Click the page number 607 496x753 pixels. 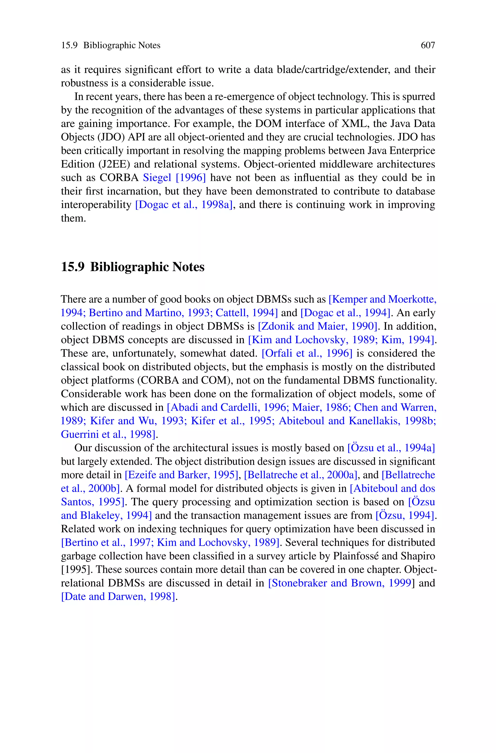[428, 46]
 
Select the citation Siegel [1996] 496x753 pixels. [174, 178]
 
